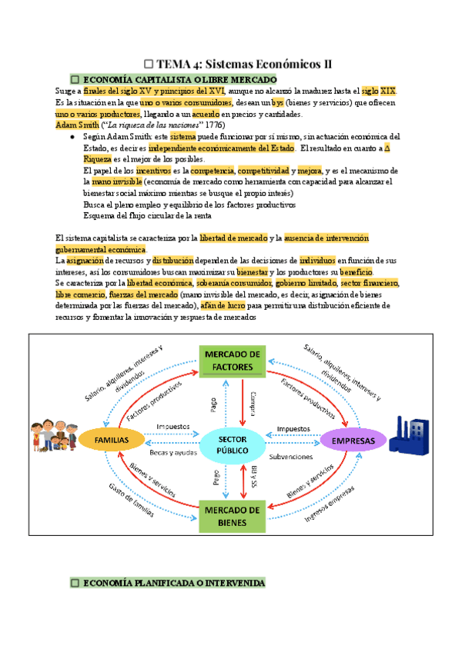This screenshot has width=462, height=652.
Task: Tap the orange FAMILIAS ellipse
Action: coord(111,440)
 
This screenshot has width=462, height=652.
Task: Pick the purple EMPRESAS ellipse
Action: coord(353,441)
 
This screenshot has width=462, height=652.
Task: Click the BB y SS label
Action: coord(253,477)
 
